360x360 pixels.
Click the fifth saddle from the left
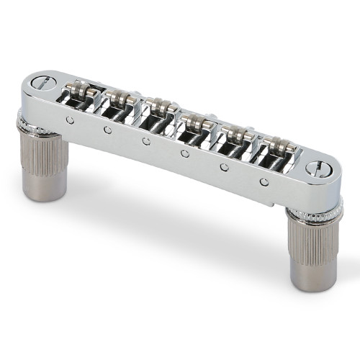point(232,138)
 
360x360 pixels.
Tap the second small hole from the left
point(107,130)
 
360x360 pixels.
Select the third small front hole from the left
point(146,142)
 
